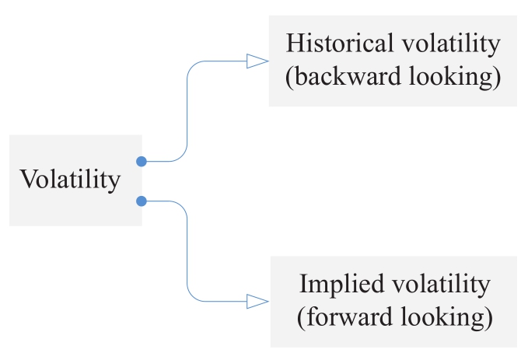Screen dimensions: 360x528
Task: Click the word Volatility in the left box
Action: tap(71, 180)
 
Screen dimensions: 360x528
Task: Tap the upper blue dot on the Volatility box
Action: tap(141, 162)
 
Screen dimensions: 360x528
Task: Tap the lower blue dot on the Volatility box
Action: tap(141, 201)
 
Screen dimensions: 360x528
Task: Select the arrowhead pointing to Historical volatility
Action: tap(257, 61)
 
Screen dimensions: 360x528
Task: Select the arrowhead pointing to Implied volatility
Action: tap(257, 300)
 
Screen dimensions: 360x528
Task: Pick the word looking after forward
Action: tap(449, 317)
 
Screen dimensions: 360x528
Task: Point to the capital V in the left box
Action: tap(29, 180)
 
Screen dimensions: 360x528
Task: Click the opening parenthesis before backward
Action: tap(290, 79)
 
